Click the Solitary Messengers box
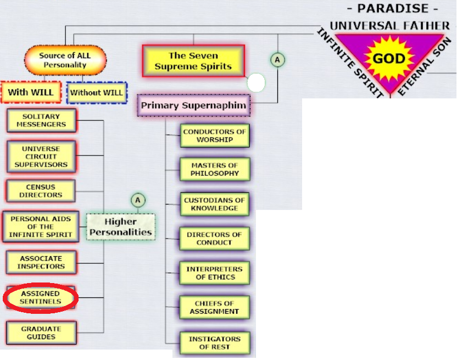[x=41, y=121]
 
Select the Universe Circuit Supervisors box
[x=41, y=157]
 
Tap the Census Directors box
[x=41, y=191]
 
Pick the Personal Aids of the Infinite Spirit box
[x=41, y=226]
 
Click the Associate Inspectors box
[x=41, y=262]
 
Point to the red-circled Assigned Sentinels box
[x=41, y=298]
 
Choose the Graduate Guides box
[x=41, y=333]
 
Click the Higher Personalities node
[x=120, y=227]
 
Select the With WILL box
[x=31, y=92]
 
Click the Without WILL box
[x=97, y=92]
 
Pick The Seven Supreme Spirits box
[x=193, y=61]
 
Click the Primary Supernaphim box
[x=193, y=105]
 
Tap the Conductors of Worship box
[x=215, y=136]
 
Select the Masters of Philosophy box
[x=215, y=169]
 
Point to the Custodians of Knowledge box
[x=215, y=204]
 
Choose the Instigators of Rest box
[x=215, y=343]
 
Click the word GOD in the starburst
[x=389, y=59]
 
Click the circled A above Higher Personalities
[x=138, y=200]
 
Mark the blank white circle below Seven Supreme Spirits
[x=256, y=83]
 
